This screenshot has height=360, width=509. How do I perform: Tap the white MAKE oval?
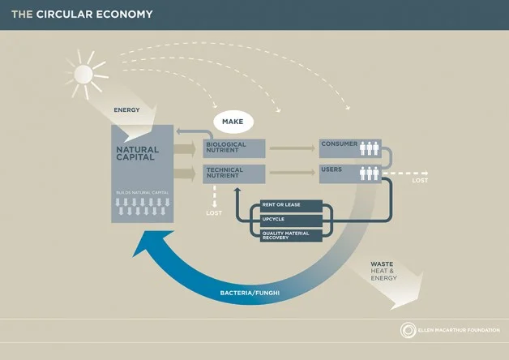click(x=233, y=122)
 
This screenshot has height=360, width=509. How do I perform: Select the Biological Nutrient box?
click(x=234, y=148)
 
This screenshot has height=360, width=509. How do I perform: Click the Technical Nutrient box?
click(x=234, y=173)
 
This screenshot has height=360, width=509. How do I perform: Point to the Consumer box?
click(x=349, y=148)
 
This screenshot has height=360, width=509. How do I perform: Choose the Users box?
click(x=349, y=173)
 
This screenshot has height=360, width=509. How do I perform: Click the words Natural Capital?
click(x=138, y=153)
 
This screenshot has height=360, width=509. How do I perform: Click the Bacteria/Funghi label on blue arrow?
click(x=246, y=292)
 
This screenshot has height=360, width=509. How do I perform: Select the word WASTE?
click(x=382, y=264)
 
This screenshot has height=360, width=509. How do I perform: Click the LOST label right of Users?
click(x=420, y=181)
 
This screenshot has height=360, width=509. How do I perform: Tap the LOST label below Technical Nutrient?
click(x=213, y=212)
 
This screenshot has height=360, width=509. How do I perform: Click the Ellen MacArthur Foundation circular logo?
click(x=408, y=330)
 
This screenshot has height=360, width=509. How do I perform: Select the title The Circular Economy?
click(x=81, y=14)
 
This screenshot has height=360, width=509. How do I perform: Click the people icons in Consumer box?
click(x=369, y=148)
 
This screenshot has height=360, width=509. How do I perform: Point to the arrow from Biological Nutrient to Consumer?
click(x=292, y=148)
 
